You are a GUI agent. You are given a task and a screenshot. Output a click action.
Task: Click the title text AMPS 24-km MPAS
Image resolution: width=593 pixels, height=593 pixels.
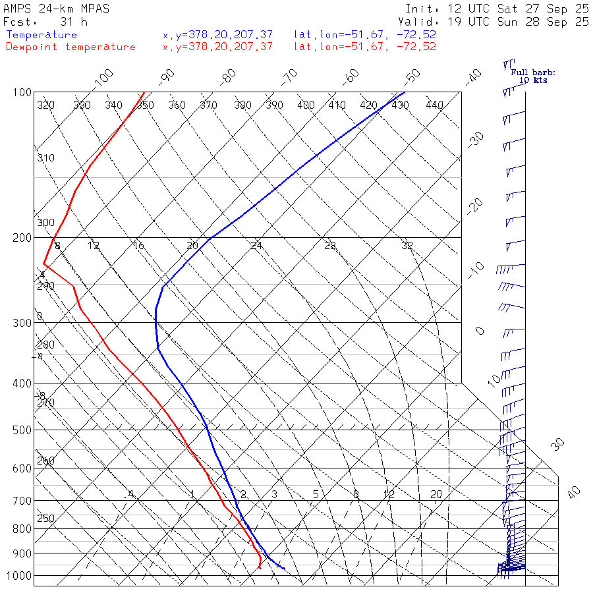click(56, 9)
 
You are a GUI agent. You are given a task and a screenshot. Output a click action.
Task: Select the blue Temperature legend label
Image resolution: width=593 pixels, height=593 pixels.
click(42, 35)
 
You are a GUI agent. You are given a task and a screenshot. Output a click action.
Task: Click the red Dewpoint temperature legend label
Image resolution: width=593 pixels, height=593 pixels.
click(71, 47)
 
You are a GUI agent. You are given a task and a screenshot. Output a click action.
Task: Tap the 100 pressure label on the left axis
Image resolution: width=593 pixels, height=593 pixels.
click(22, 92)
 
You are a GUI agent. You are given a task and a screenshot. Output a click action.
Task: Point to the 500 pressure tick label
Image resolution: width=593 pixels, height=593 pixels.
click(22, 430)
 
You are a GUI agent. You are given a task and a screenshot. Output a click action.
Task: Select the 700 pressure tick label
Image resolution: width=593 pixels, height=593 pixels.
click(22, 501)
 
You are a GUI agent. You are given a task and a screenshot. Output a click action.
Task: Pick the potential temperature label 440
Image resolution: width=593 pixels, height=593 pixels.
click(434, 105)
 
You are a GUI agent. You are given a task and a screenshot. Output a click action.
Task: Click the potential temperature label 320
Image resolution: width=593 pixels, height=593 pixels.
click(45, 105)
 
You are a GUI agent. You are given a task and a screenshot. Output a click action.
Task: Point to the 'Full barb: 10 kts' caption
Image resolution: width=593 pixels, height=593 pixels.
click(528, 76)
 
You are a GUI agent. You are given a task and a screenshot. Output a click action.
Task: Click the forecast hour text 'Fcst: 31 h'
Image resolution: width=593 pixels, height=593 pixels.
click(40, 22)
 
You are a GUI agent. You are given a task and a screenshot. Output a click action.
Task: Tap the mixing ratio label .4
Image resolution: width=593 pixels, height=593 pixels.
click(130, 494)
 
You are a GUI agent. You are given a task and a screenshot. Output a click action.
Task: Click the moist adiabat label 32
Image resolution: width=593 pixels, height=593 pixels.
click(407, 246)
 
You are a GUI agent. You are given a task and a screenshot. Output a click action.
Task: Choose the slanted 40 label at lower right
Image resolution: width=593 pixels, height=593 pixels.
click(575, 492)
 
